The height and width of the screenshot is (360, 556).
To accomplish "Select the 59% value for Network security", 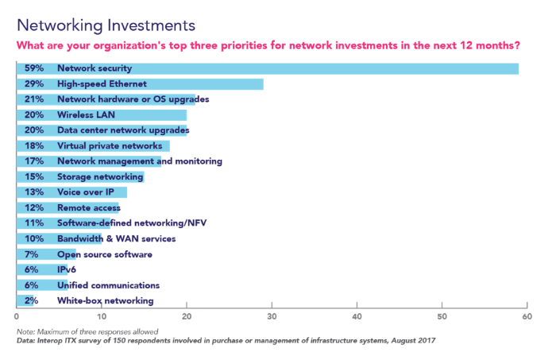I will pos(33,69).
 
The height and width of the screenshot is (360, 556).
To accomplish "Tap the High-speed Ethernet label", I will pos(102,84).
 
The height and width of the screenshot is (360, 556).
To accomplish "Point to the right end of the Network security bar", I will pos(518,69).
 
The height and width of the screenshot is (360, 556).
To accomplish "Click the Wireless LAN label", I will pos(87,115).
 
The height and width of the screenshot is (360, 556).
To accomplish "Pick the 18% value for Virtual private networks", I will pos(33,146).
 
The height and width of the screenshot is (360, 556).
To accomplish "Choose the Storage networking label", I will pos(101,177).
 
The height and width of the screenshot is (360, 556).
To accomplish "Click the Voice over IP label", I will pos(87,192).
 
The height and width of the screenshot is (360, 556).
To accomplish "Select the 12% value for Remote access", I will pos(33,208).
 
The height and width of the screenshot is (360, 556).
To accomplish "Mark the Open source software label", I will pos(105,254).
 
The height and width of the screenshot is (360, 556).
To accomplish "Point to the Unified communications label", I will pos(109,285).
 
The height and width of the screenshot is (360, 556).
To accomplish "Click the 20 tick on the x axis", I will pos(187,316).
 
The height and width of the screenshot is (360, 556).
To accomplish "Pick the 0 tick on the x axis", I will pos(17,316).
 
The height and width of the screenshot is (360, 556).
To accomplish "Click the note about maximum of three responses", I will pos(88,331).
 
